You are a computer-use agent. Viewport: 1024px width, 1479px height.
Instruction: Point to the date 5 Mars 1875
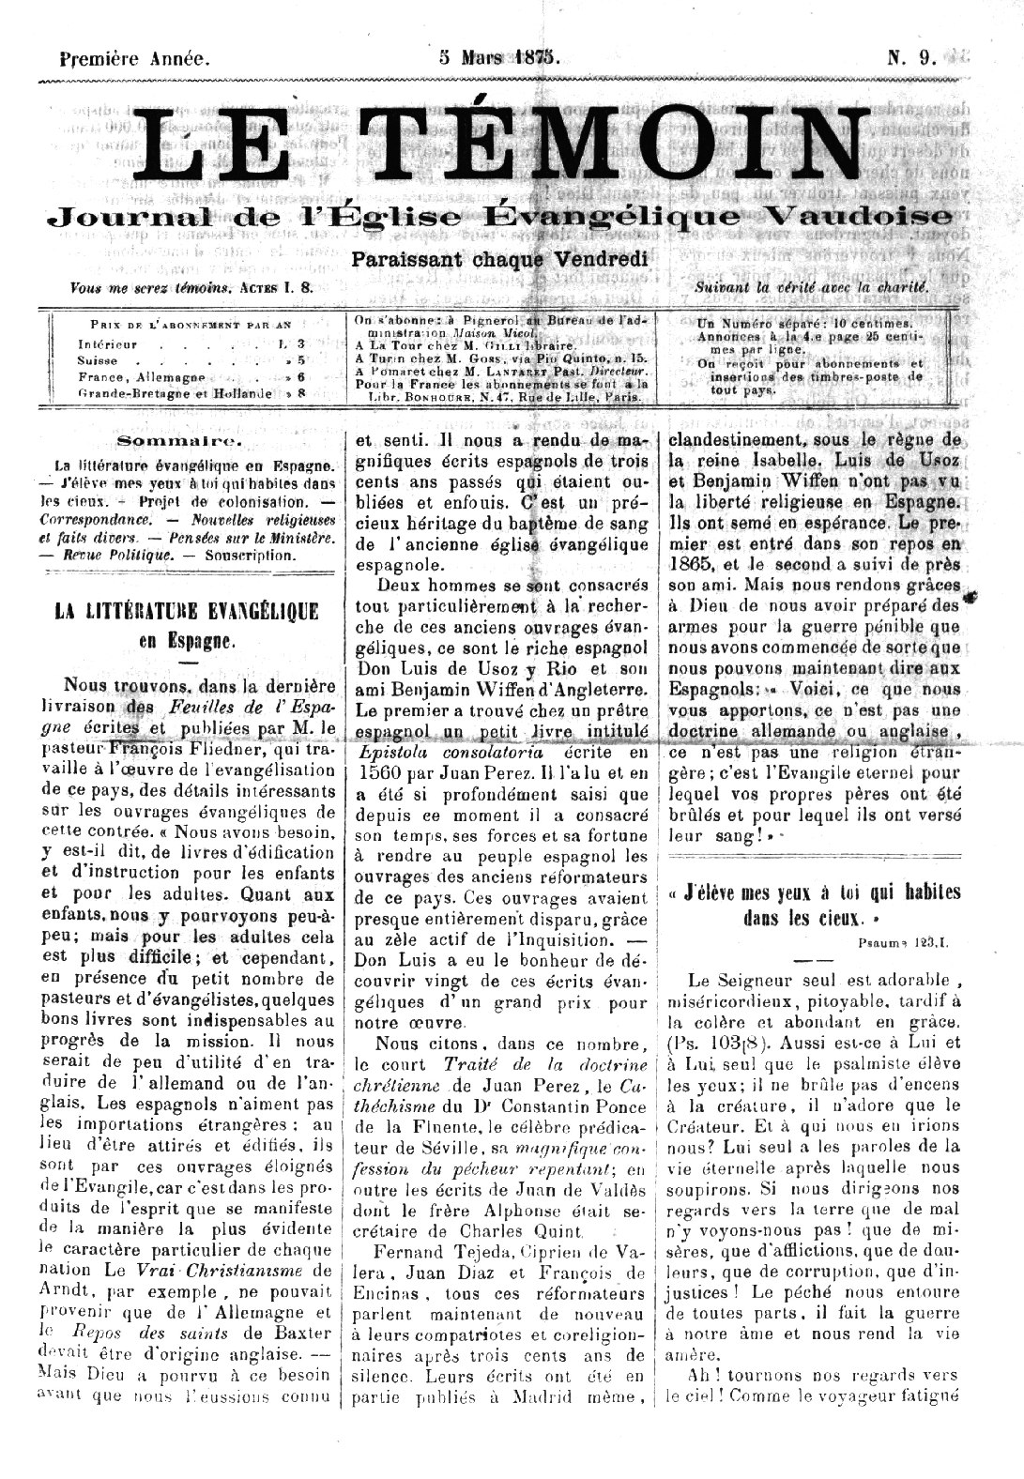click(500, 57)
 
